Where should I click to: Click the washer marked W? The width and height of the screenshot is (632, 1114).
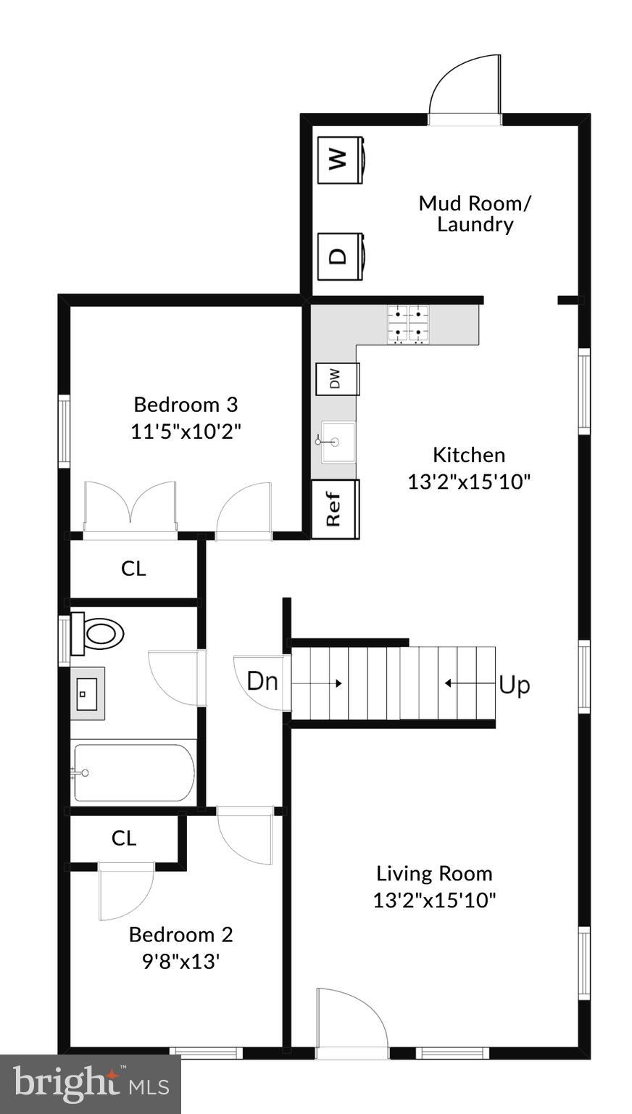[x=341, y=160]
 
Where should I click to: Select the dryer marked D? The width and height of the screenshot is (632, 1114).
[x=341, y=255]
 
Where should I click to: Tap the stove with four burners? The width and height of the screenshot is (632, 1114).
[x=409, y=324]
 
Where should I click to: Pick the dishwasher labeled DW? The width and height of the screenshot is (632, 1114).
[x=337, y=379]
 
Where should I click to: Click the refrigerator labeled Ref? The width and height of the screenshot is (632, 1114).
[x=335, y=509]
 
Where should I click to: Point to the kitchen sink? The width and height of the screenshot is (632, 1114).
[x=337, y=441]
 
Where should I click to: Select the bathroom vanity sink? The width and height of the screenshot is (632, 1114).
[x=88, y=693]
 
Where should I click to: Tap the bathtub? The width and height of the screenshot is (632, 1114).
[x=133, y=772]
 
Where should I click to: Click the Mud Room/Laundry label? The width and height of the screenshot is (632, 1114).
[x=475, y=213]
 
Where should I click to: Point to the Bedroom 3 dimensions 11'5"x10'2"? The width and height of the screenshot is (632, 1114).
[x=186, y=432]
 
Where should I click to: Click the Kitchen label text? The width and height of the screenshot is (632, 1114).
[x=469, y=455]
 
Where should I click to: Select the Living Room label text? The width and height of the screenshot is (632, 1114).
[x=434, y=873]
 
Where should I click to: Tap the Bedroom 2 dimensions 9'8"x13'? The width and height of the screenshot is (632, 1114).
[x=180, y=962]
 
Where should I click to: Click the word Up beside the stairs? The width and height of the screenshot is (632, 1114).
[x=514, y=685]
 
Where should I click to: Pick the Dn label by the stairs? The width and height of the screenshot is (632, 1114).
[x=262, y=681]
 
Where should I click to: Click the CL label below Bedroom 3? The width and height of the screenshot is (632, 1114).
[x=133, y=569]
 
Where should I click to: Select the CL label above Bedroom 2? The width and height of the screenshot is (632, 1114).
[x=124, y=838]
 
